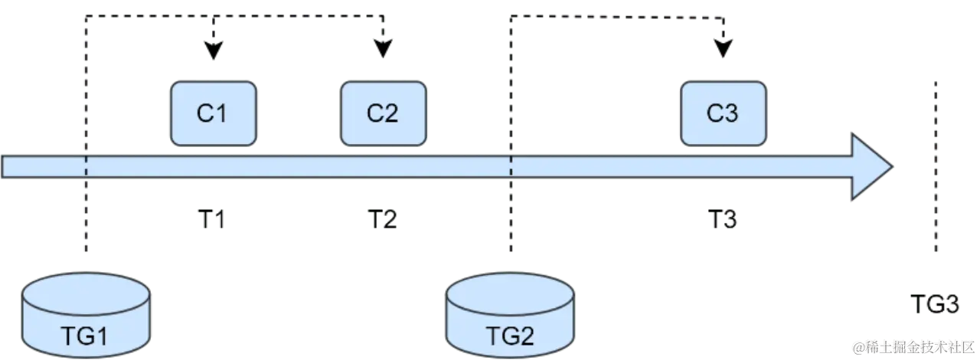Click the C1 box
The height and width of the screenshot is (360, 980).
(x=212, y=113)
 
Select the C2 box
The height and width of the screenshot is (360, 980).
(x=382, y=113)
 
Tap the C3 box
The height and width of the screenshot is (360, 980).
(x=722, y=113)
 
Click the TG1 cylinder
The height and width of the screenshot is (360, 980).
(x=87, y=315)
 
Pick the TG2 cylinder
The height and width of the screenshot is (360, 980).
(x=509, y=315)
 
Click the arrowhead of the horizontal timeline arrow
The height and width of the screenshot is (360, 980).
(x=871, y=166)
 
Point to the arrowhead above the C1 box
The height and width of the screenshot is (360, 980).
(x=214, y=48)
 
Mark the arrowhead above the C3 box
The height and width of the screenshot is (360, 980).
(x=722, y=48)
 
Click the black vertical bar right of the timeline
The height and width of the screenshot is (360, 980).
(x=935, y=169)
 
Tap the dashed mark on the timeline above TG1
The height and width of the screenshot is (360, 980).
(x=86, y=166)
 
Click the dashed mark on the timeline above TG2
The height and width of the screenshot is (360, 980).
(x=511, y=166)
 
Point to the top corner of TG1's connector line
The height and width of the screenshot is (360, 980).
(x=87, y=16)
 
